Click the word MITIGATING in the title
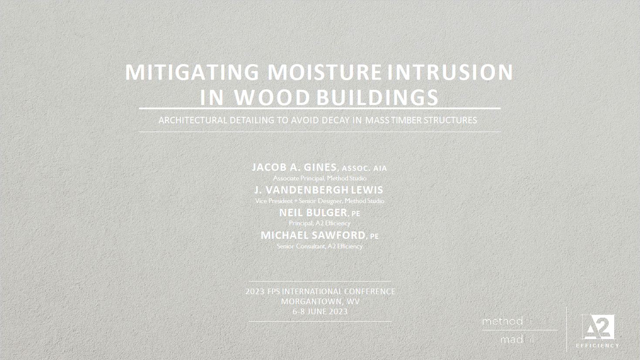tap(192, 72)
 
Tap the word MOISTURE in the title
tap(325, 72)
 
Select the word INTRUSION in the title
tap(450, 72)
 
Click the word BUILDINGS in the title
tap(377, 98)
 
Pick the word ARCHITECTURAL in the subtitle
tap(193, 120)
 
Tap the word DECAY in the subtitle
tap(335, 120)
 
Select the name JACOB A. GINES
tap(294, 167)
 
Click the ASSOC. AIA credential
tap(364, 168)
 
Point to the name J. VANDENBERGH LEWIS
tap(318, 190)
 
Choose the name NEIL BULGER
tap(313, 213)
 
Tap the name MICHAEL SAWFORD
tap(313, 235)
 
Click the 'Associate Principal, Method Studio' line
tap(320, 178)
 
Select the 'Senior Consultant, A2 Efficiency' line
tap(320, 246)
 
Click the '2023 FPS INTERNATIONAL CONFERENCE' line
tap(320, 292)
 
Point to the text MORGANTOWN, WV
tap(320, 302)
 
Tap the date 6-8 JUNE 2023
tap(320, 312)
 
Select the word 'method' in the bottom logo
tap(502, 322)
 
